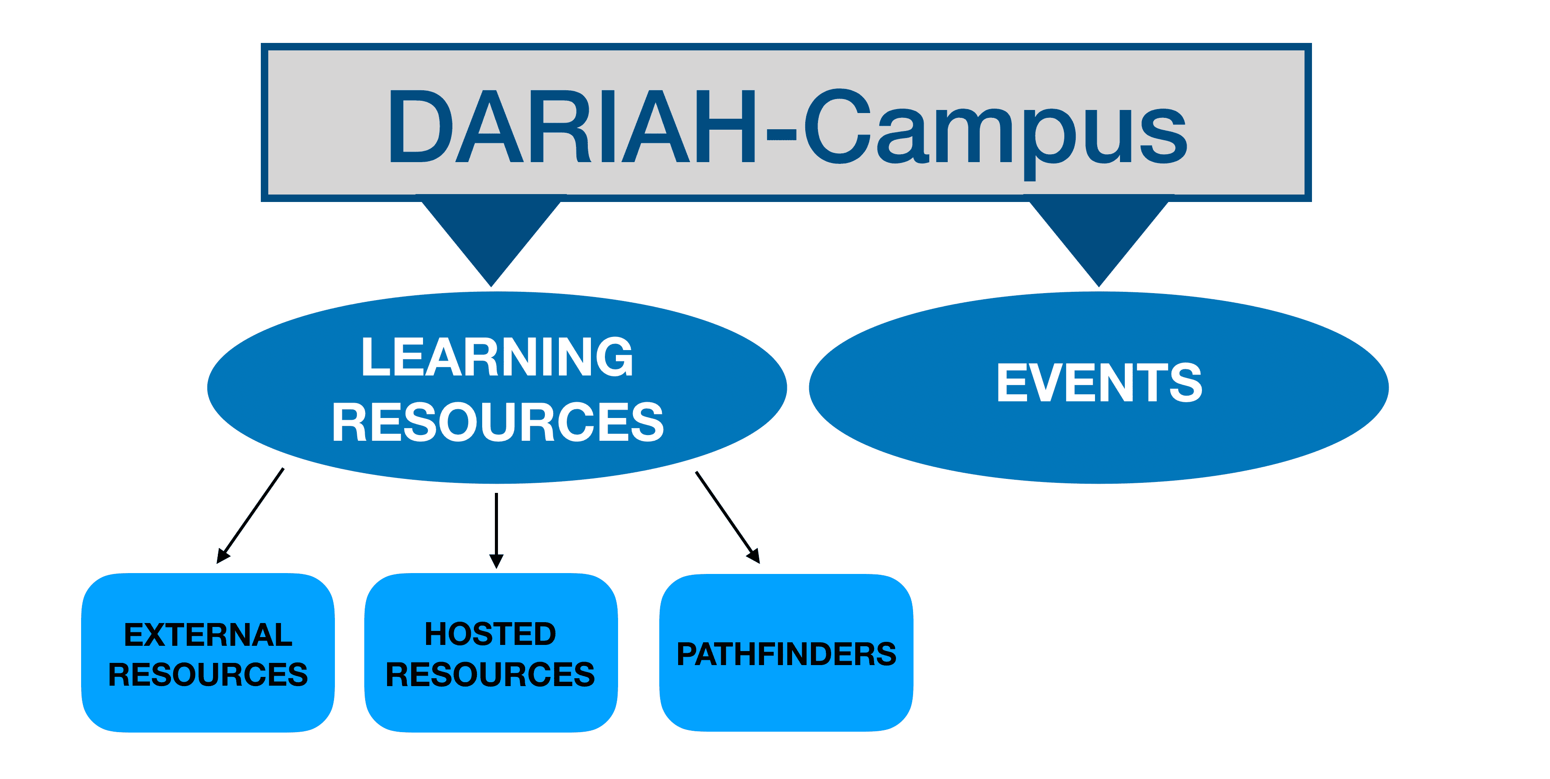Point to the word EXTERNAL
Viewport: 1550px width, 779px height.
208,634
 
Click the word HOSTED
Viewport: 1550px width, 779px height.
491,634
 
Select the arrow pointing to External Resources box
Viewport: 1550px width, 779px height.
250,516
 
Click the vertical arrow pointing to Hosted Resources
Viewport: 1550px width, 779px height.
496,529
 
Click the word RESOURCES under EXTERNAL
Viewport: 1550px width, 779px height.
208,674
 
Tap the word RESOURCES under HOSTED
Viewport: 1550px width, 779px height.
491,674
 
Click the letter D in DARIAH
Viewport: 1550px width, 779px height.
420,126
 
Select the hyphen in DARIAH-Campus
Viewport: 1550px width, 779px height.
781,137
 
